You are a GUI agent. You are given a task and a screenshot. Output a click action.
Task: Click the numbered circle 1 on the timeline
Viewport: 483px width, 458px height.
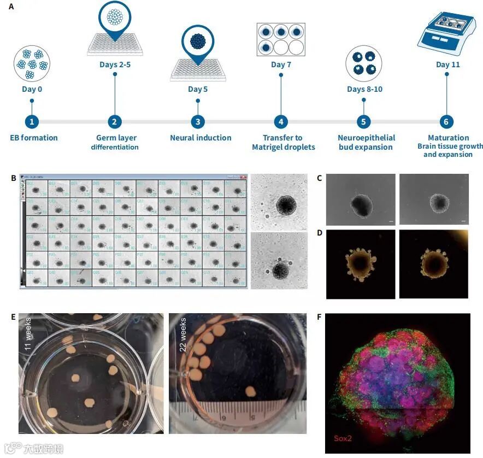tap(32, 122)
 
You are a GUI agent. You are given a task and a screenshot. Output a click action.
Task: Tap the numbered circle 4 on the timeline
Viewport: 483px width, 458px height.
tap(281, 122)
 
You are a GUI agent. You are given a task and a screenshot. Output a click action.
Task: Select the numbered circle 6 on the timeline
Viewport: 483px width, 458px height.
tap(446, 122)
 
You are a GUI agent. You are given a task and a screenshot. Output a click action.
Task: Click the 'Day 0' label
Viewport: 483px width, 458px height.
tap(32, 89)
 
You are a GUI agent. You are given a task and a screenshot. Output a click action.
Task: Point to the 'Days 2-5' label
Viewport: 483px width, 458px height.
tap(115, 64)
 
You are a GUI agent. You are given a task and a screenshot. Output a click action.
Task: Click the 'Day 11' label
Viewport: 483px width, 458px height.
tap(447, 64)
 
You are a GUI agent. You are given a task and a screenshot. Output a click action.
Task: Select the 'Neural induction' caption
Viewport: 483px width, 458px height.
tap(201, 138)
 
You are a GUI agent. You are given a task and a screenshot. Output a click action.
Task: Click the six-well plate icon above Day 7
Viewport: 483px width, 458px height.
tap(281, 39)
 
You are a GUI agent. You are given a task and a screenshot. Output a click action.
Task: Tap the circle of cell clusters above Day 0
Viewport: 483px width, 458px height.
tap(32, 63)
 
